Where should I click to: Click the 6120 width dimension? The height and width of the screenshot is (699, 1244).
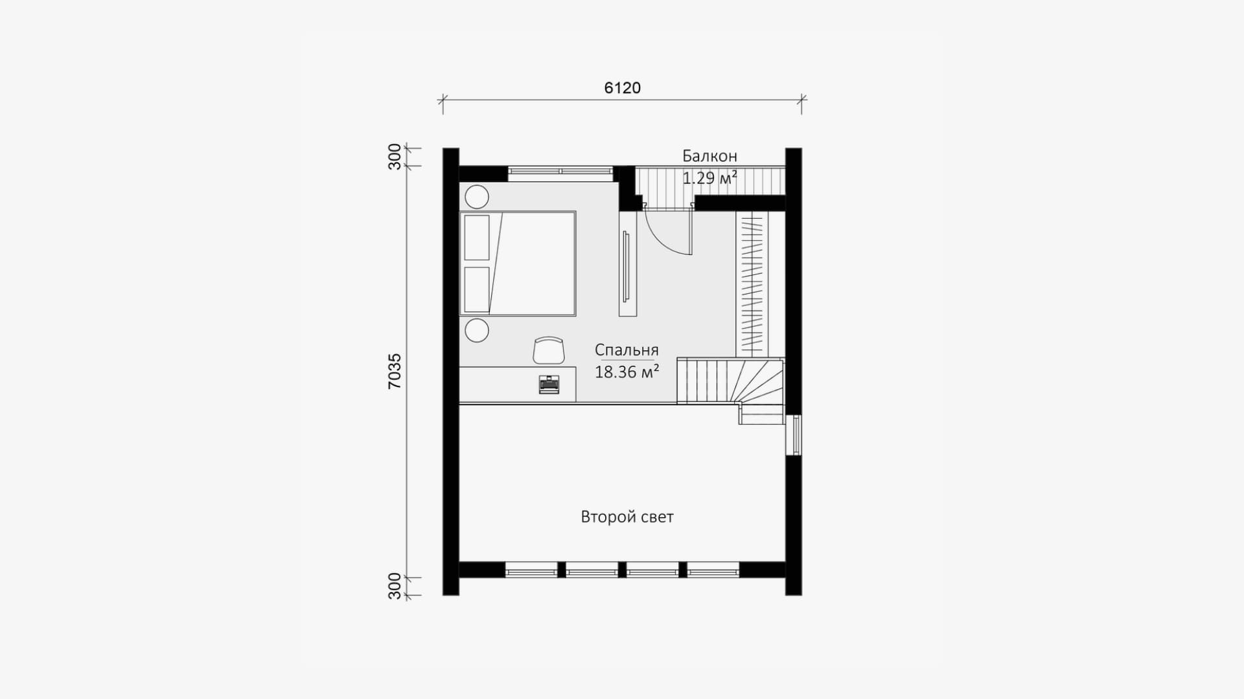tap(622, 88)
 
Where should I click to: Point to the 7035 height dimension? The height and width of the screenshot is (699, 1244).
tap(395, 371)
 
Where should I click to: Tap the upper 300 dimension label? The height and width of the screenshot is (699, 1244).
tap(395, 157)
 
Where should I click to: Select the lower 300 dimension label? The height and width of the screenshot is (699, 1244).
tap(395, 586)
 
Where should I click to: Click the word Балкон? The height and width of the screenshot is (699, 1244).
tap(709, 156)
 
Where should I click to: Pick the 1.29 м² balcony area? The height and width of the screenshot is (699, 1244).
tap(709, 178)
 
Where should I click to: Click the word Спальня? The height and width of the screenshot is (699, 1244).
tap(627, 350)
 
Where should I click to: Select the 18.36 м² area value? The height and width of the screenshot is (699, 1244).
tap(627, 372)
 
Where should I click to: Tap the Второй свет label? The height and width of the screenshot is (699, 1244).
tap(627, 517)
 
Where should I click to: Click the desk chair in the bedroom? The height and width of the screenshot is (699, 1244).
tap(549, 350)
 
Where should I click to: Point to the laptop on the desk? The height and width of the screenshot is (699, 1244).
tap(549, 384)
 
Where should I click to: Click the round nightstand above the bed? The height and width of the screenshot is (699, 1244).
tap(478, 196)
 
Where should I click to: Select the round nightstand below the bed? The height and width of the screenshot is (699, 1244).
tap(478, 330)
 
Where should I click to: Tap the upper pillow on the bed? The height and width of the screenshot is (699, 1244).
tap(477, 238)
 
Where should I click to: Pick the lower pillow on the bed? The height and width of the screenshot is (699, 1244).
tap(477, 288)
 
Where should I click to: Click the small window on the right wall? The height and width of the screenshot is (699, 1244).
tap(794, 435)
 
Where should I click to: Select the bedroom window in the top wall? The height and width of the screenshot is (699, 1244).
tap(560, 172)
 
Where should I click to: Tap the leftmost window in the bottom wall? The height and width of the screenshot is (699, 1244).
tap(531, 570)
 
